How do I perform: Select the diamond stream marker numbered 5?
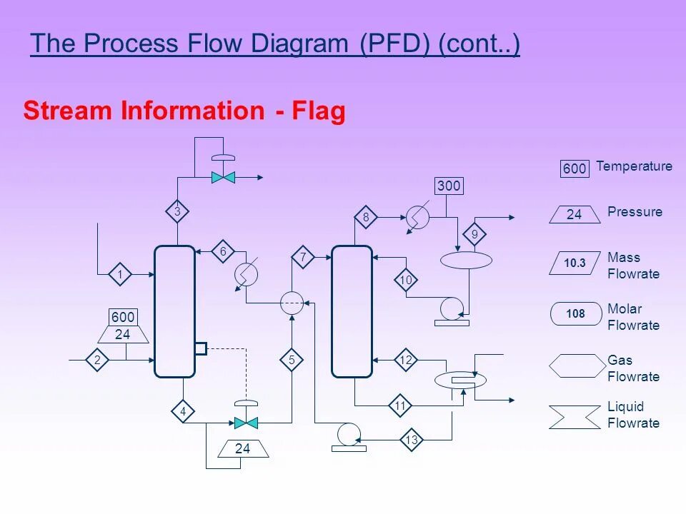point(292,361)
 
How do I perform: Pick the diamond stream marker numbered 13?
point(411,440)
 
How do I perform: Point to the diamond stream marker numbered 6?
point(223,251)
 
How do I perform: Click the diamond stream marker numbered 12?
point(406,361)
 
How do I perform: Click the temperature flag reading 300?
point(449,186)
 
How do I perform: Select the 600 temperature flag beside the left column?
point(123,318)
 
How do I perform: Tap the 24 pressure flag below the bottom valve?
point(243,449)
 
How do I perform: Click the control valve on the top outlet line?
point(224,176)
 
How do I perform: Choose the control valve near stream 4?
point(246,423)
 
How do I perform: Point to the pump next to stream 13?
point(349,433)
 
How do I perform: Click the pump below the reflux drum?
point(452,308)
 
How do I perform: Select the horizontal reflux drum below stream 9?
point(466,260)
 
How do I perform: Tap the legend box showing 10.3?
point(575,263)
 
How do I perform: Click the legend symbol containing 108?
point(575,314)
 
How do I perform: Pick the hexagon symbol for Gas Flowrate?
point(577,366)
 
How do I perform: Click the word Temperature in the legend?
point(634,166)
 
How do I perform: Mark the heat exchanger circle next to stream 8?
point(417,217)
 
